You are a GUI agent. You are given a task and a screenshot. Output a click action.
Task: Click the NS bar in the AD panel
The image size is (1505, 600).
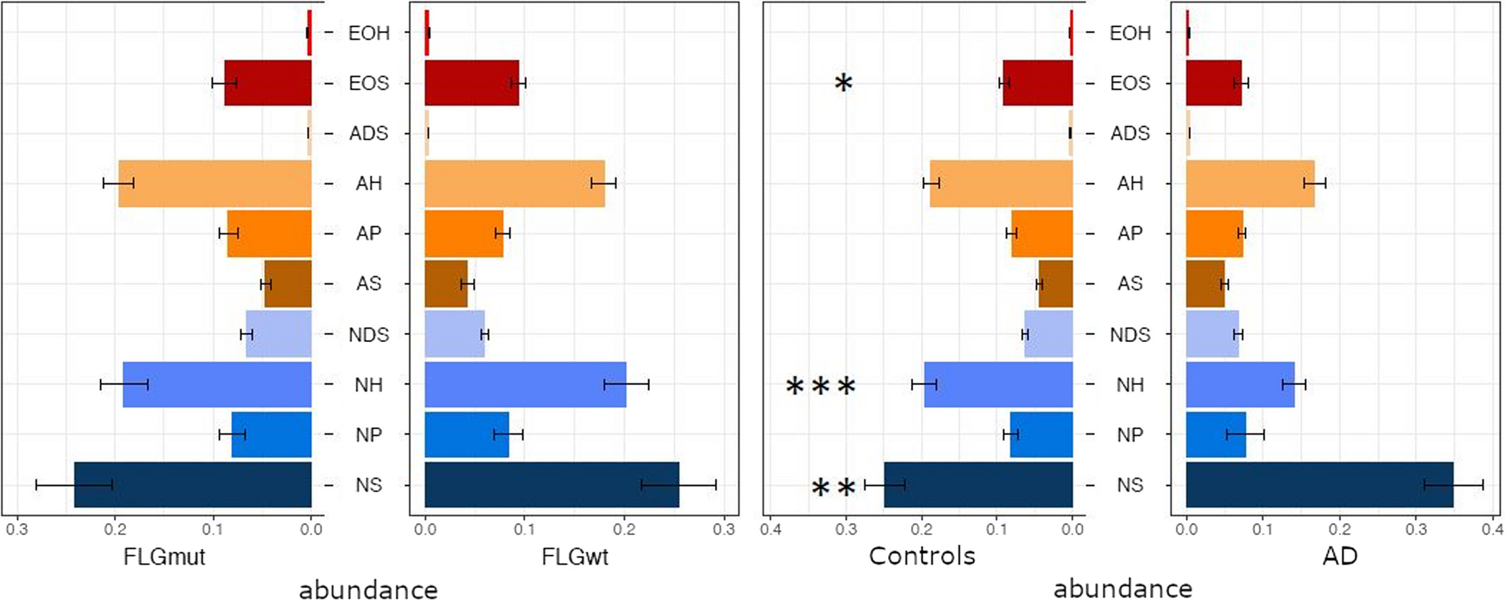[x=1319, y=485]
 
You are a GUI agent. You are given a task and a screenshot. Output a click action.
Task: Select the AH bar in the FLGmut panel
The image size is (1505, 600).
[x=215, y=184]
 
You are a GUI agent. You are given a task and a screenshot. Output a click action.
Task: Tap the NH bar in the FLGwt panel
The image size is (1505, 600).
[x=525, y=384]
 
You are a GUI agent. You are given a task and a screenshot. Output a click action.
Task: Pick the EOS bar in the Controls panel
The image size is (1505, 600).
[x=1038, y=83]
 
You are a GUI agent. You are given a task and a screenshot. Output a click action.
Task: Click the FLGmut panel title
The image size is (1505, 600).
[x=164, y=557]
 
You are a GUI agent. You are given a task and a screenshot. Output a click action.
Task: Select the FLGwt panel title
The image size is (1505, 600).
[x=574, y=557]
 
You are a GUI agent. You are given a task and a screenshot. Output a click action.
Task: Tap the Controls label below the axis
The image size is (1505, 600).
[x=922, y=556]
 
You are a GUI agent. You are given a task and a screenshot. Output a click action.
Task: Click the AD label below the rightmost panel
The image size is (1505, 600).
[x=1340, y=556]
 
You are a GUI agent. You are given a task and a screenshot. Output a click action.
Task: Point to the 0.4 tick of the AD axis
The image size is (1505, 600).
[x=1492, y=529]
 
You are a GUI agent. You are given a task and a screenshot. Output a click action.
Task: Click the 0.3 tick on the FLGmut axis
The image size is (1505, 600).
[x=17, y=529]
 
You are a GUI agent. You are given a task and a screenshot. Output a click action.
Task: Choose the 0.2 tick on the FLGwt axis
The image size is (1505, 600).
[x=624, y=529]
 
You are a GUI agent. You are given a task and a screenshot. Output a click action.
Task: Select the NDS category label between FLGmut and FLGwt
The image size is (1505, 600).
[x=368, y=334]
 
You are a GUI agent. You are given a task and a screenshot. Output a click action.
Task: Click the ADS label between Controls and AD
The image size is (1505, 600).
[x=1129, y=134]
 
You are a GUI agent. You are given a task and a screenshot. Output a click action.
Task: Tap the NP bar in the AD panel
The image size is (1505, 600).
[x=1216, y=435]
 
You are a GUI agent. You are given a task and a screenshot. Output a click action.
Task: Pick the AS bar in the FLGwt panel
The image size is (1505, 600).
[x=446, y=284]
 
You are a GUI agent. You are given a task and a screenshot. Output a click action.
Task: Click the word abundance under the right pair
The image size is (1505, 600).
[x=1122, y=588]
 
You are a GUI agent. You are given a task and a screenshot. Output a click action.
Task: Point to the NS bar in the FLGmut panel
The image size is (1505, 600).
[x=192, y=485]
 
